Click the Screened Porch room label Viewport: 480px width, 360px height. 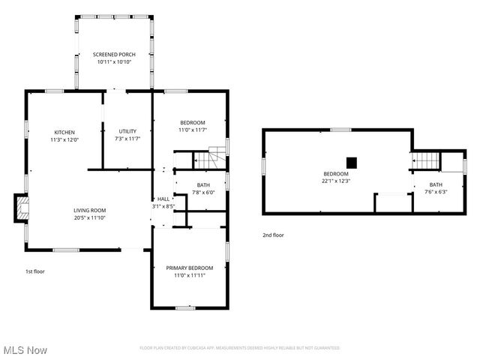(x=112, y=55)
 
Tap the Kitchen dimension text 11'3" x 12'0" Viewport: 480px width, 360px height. (x=64, y=139)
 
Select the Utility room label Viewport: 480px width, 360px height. (x=127, y=131)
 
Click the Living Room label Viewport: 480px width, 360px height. (x=89, y=210)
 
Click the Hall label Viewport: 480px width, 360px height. (x=163, y=199)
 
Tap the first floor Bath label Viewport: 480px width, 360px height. (x=203, y=184)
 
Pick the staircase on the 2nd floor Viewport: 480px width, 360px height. (x=425, y=160)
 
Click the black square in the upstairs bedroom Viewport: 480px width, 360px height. (x=351, y=162)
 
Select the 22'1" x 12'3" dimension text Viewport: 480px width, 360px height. (x=336, y=181)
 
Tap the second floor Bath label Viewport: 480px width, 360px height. (x=436, y=184)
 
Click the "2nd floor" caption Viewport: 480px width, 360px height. (x=273, y=235)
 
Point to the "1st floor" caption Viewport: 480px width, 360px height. (x=34, y=271)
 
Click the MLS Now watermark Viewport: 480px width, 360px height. (x=25, y=350)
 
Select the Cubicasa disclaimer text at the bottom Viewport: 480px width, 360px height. (x=240, y=348)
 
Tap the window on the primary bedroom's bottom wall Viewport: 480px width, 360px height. (x=185, y=307)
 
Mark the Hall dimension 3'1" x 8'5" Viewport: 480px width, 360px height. (x=163, y=205)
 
